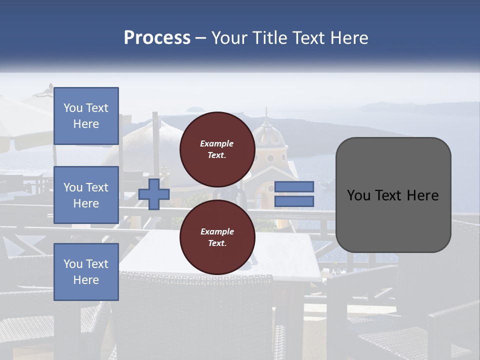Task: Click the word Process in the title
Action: (x=157, y=38)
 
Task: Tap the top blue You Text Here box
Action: (x=86, y=116)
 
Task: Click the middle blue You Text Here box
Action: (x=86, y=195)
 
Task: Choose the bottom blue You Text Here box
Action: (x=86, y=271)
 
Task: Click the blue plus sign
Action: (x=154, y=194)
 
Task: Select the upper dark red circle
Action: (x=217, y=149)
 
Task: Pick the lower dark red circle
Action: (x=217, y=237)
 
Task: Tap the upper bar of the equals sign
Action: (x=294, y=186)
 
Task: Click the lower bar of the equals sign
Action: (x=294, y=201)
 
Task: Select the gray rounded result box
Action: (x=393, y=195)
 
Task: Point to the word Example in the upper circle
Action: (x=217, y=143)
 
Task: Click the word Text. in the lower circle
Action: (x=217, y=243)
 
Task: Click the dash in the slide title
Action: (x=200, y=38)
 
